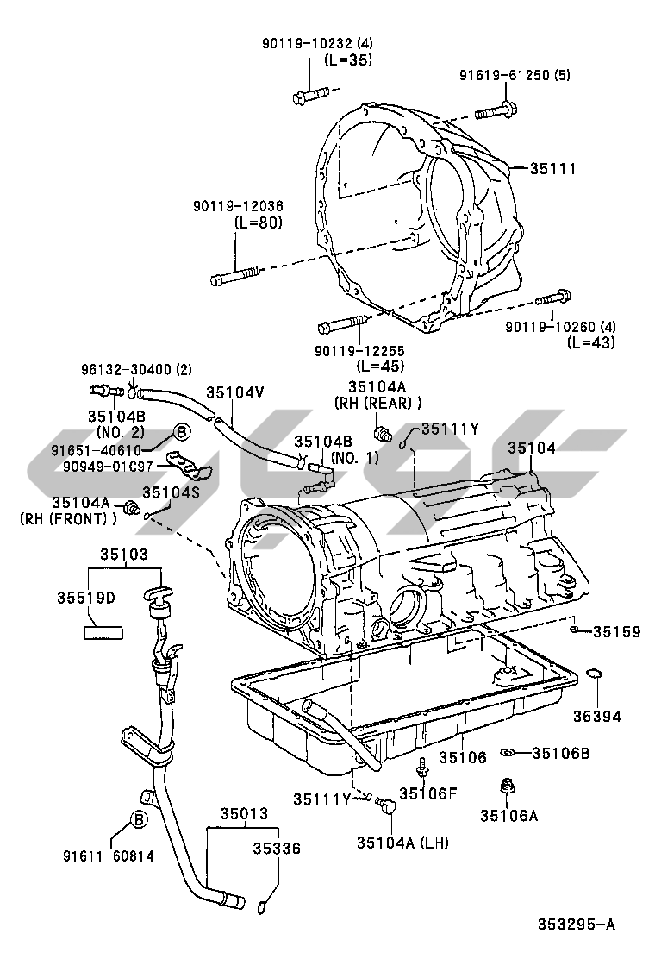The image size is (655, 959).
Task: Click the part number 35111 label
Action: point(552,168)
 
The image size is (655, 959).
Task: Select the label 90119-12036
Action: point(238,207)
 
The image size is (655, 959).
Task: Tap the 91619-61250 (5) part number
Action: point(515,75)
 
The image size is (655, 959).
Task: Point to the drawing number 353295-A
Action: point(577,923)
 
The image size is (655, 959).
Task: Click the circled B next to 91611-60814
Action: point(139,819)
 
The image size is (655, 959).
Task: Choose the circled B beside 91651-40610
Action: point(182,432)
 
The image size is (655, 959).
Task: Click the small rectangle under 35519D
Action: point(103,632)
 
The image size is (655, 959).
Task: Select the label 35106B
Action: point(560,753)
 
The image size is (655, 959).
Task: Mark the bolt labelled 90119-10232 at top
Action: point(311,97)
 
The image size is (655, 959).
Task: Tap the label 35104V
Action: point(235,392)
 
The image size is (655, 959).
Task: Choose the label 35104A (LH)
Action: point(402,843)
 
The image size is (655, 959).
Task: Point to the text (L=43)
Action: point(590,342)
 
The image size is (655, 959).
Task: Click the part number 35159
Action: point(616,632)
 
